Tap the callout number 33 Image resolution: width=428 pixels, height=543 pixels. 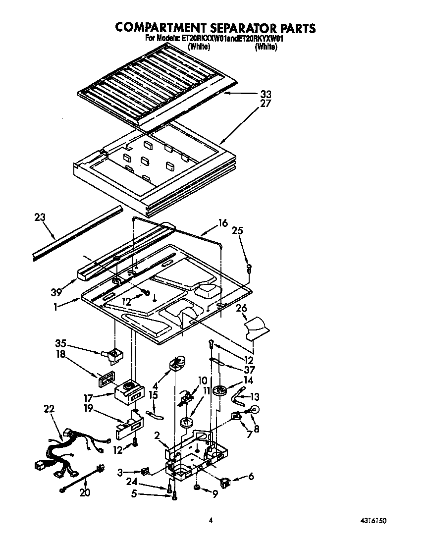point(266,94)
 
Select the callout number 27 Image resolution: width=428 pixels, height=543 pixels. point(266,104)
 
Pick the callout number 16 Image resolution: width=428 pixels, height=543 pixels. point(223,223)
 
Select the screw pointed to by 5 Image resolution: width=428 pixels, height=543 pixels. point(174,495)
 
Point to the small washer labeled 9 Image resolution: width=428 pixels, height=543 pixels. point(197,489)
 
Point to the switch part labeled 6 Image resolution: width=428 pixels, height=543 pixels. point(226,480)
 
